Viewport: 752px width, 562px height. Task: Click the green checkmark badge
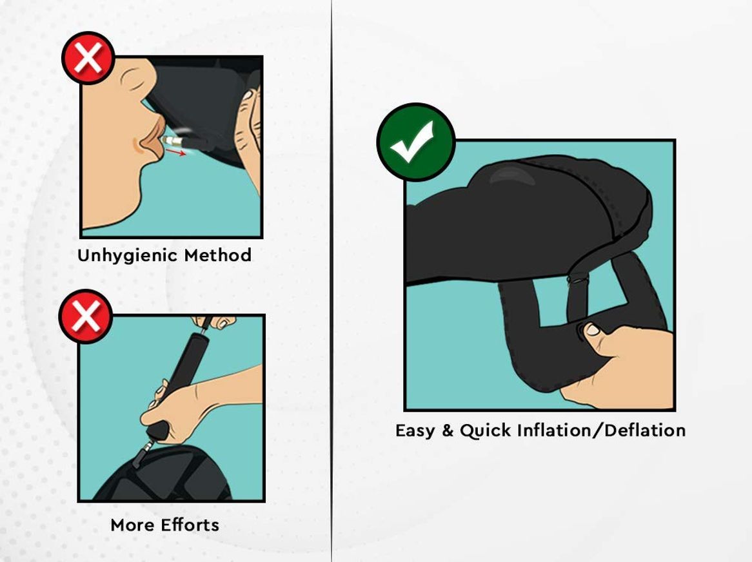click(x=416, y=142)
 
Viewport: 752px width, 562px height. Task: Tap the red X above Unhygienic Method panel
click(x=88, y=59)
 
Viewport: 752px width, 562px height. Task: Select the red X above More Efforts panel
click(x=86, y=316)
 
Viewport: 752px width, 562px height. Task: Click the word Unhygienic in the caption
click(x=126, y=255)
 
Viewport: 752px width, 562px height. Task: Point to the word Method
click(x=217, y=255)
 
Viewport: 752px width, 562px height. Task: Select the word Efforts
click(x=190, y=525)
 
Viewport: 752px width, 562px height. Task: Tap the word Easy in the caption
click(x=415, y=431)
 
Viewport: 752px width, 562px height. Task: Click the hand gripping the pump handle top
click(x=216, y=322)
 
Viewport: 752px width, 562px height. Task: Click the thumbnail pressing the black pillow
click(x=591, y=330)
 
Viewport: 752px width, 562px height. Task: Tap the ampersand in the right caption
click(x=448, y=431)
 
